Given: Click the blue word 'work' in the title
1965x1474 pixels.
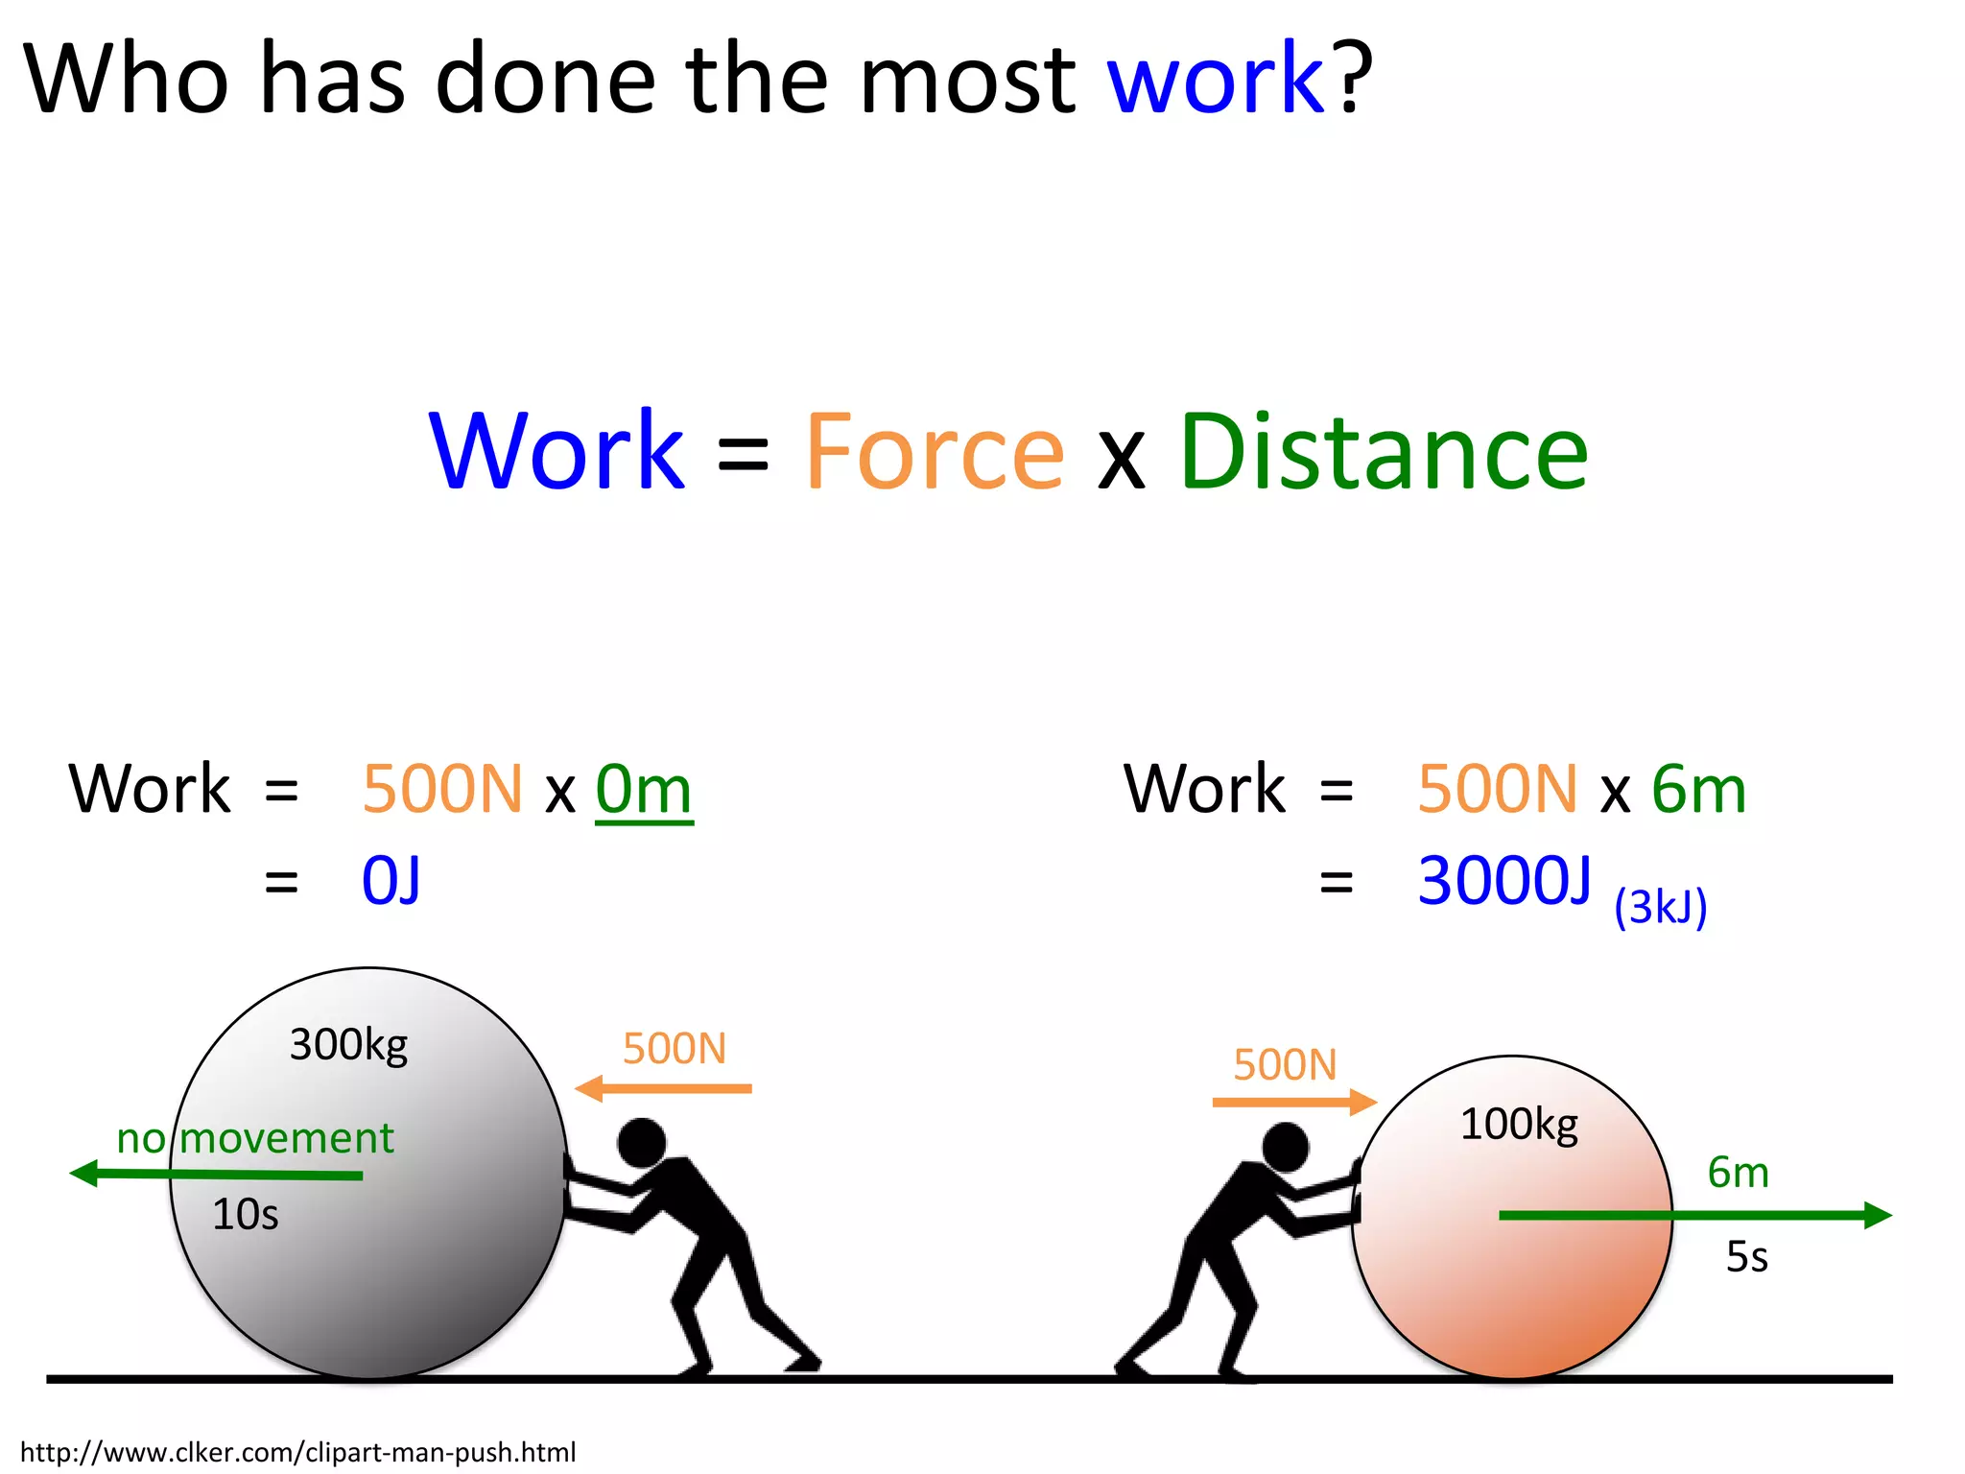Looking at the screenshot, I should click(x=1215, y=79).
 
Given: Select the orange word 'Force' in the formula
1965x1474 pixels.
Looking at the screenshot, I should click(x=935, y=451).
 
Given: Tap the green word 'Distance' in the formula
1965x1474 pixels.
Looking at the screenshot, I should click(x=1384, y=451).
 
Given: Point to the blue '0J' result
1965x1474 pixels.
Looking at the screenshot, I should click(x=391, y=881).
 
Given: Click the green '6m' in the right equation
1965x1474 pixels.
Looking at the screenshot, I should click(x=1698, y=791).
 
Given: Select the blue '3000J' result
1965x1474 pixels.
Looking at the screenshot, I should click(x=1503, y=881).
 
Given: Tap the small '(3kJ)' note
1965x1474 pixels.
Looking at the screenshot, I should click(x=1660, y=907).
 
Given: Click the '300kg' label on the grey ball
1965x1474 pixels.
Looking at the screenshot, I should click(x=348, y=1044).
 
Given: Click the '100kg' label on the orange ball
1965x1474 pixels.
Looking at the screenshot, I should click(x=1518, y=1124).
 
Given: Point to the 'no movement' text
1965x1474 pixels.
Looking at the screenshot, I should click(x=254, y=1139).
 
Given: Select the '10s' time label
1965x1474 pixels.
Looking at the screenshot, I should click(x=245, y=1215).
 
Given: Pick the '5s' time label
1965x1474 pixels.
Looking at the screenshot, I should click(x=1746, y=1257).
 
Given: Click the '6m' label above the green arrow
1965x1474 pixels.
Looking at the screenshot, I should click(x=1738, y=1173).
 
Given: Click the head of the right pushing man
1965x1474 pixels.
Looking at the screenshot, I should click(x=1286, y=1147).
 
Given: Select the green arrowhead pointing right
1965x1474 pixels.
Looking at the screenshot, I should click(x=1876, y=1215).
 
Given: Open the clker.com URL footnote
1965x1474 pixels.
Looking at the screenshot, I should click(x=297, y=1452).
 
